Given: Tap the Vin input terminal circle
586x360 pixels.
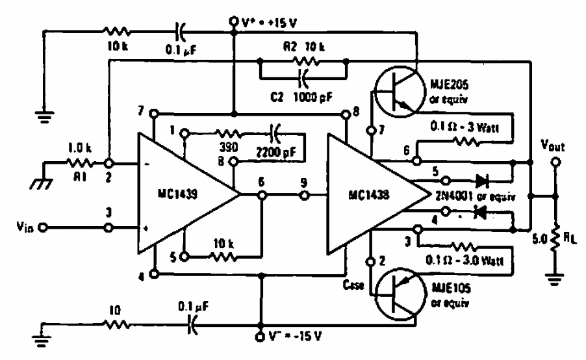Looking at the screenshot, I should click(x=43, y=227).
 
